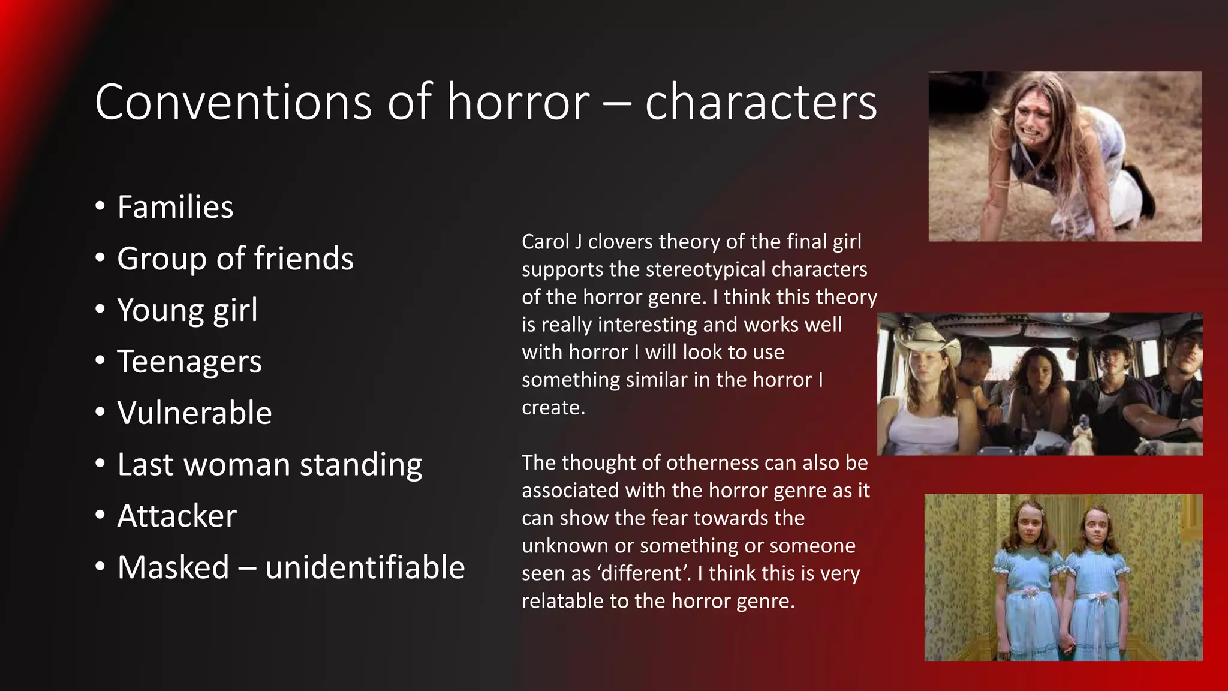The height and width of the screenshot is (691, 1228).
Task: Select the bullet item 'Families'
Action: click(175, 208)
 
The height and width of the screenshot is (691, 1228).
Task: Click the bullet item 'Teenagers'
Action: click(189, 362)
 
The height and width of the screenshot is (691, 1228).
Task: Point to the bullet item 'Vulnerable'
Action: click(194, 413)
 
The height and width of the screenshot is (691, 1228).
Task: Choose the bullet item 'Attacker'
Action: click(177, 516)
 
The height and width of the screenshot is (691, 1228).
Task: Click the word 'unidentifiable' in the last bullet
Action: click(365, 567)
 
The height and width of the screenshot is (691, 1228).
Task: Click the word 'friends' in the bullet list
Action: click(303, 259)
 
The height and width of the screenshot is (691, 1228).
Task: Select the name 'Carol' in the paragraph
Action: click(545, 242)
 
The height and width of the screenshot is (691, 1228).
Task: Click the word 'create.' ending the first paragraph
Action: click(553, 408)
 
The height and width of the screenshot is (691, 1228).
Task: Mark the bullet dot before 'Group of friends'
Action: click(100, 259)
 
